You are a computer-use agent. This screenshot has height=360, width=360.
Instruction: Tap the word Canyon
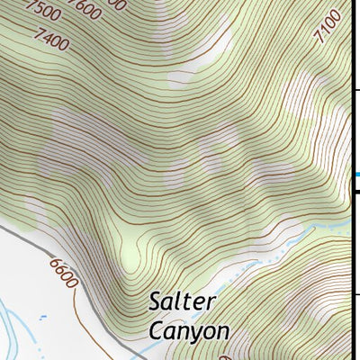tap(189, 331)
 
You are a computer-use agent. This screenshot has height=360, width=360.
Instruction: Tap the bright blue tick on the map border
tap(356, 175)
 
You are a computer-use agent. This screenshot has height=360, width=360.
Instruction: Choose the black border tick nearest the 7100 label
tap(355, 90)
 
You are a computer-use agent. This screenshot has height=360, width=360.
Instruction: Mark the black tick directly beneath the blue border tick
tap(355, 191)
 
